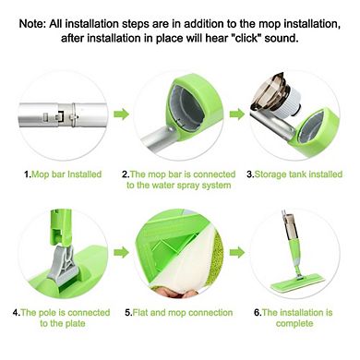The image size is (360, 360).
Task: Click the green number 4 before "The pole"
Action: click(x=16, y=313)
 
